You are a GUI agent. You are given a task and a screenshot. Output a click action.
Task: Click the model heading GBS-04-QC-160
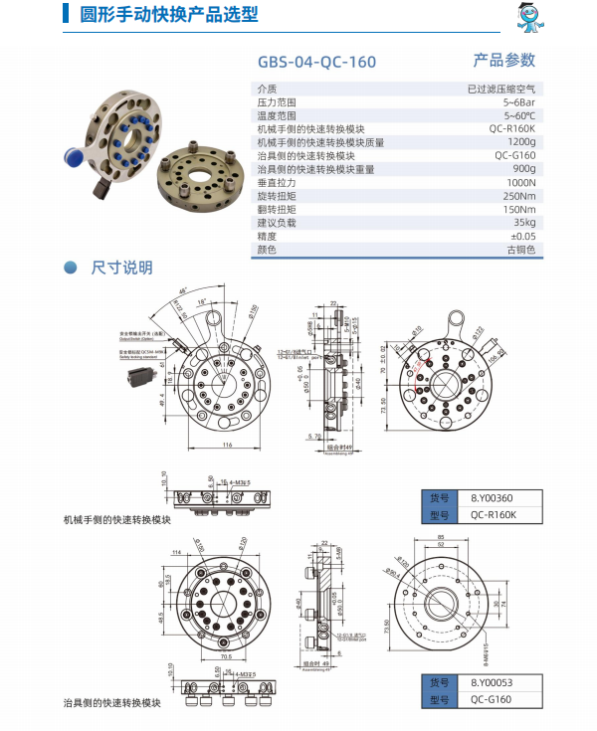coord(316,62)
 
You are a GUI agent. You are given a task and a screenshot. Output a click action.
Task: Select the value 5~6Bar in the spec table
coord(519,102)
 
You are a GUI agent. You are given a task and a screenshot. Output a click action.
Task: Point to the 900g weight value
coord(523,169)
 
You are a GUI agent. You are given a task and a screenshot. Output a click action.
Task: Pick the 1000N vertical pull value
coord(520,183)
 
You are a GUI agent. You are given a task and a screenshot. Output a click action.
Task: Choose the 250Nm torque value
coord(519,196)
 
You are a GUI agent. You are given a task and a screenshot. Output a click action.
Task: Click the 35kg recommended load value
coord(523,223)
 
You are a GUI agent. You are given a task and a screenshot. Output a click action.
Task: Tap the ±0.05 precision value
coord(522,237)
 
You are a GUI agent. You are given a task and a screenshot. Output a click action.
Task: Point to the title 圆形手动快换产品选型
coord(154,14)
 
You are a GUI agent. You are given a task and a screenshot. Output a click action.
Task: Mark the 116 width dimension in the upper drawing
coord(228,445)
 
